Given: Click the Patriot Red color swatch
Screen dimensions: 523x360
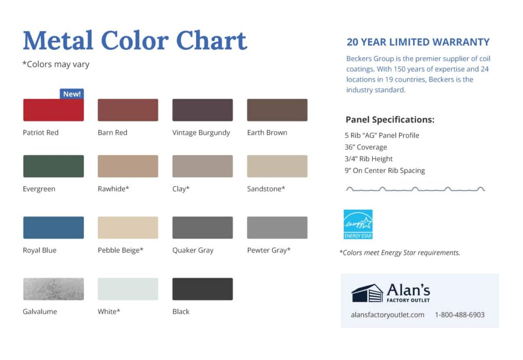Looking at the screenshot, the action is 53,110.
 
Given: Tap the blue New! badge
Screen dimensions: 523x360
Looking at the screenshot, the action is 72,94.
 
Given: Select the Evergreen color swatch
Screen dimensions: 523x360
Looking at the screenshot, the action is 53,166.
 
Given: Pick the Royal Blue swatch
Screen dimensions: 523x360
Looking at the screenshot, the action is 53,228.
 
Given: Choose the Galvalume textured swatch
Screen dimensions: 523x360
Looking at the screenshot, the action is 53,289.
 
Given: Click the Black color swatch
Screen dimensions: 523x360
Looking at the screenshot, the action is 202,289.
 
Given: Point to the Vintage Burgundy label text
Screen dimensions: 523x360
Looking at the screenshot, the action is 201,133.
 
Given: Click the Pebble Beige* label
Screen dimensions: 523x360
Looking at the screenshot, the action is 121,250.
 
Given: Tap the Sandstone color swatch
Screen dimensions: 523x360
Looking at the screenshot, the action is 277,166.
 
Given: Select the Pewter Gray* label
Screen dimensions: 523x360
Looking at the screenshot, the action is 269,250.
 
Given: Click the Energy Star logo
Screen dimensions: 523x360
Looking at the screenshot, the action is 358,224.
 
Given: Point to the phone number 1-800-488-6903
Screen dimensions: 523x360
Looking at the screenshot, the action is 460,315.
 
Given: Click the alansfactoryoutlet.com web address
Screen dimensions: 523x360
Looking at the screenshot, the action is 388,315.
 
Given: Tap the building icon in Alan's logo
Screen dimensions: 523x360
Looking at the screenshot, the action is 367,293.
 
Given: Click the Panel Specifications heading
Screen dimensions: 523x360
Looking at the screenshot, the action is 390,119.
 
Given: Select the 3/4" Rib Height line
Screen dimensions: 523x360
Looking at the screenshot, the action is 369,159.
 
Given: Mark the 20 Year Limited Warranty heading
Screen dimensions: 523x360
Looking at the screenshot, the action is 418,42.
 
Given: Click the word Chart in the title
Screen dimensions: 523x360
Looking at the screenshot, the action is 211,41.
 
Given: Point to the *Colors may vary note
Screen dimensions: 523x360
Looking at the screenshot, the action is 56,64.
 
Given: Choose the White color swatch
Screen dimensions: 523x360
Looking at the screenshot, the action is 128,289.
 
